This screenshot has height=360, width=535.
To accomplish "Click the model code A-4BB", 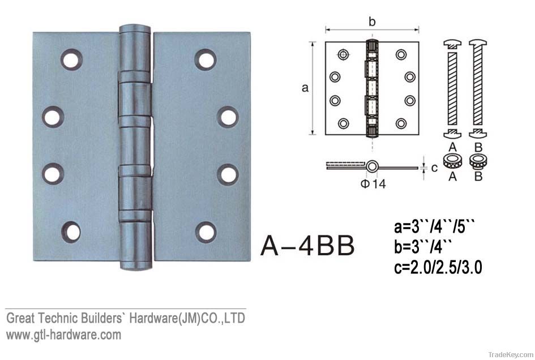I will tap(307, 246).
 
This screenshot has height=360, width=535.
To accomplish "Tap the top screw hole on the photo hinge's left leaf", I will tap(72, 60).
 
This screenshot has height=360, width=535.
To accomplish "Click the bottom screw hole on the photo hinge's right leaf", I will tap(207, 232).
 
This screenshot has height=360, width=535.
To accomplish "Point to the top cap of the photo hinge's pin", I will tap(136, 29).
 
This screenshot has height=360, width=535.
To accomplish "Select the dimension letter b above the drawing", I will tap(371, 22).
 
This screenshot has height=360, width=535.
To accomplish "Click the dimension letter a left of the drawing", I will tap(305, 88).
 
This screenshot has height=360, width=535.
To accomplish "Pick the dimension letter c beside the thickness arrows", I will tap(434, 168).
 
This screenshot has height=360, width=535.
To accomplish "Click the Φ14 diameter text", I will tap(373, 184).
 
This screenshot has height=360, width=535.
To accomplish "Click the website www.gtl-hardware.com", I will tap(63, 335).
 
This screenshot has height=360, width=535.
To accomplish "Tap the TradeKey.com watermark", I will tap(506, 354).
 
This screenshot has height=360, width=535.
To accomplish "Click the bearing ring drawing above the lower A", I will tap(452, 161).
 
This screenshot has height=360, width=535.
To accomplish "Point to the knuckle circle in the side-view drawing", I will tap(372, 167).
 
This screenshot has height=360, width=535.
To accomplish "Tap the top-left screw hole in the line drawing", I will tap(343, 55).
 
